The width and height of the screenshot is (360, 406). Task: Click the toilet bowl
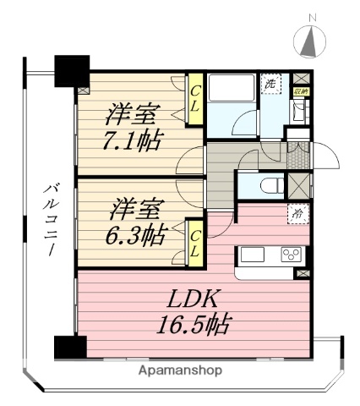point(270,185)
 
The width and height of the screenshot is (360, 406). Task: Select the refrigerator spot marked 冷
point(298,214)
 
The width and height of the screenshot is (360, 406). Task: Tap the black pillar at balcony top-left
point(71,69)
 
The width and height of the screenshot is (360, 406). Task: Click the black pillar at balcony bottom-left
point(69,348)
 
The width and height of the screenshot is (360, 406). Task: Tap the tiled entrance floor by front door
point(299,154)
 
